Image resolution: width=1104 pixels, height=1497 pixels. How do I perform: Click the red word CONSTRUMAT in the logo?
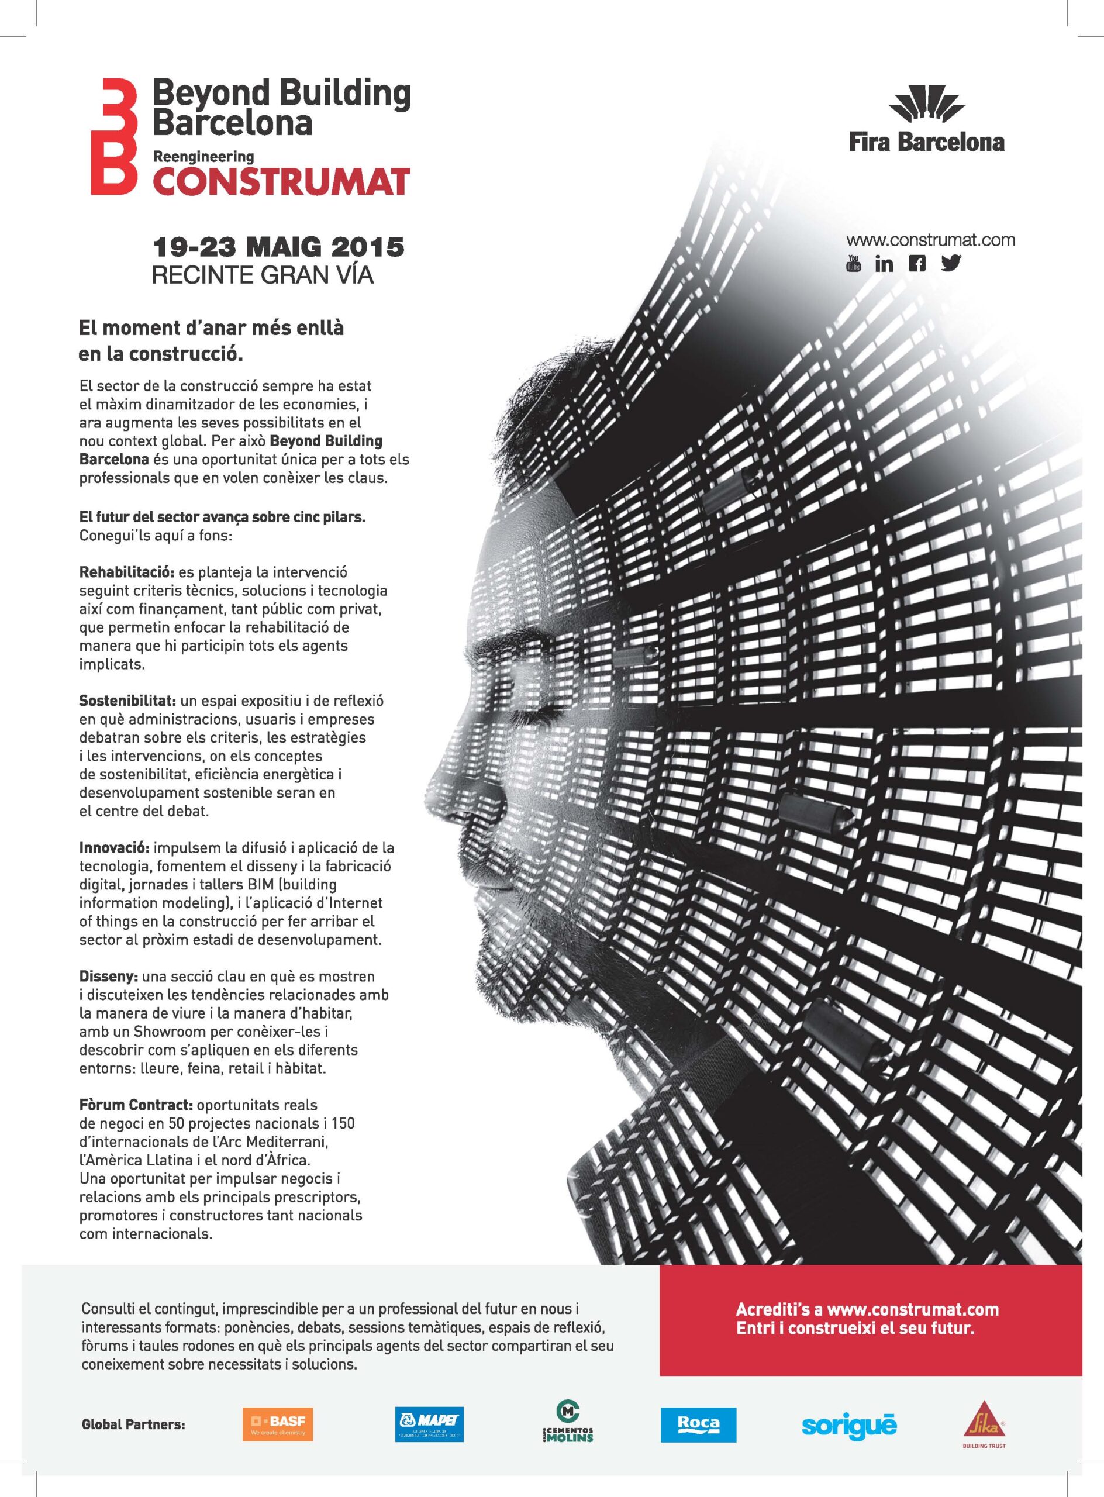click(281, 181)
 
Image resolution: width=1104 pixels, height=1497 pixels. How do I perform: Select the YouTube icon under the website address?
click(853, 263)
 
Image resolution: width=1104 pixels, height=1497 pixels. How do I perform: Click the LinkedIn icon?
click(884, 263)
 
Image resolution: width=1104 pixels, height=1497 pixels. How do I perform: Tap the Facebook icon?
click(917, 263)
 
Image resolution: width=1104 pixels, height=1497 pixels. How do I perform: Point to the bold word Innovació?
click(113, 848)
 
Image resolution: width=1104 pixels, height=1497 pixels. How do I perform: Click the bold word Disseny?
click(108, 977)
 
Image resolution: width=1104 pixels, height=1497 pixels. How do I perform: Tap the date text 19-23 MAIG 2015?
click(279, 247)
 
